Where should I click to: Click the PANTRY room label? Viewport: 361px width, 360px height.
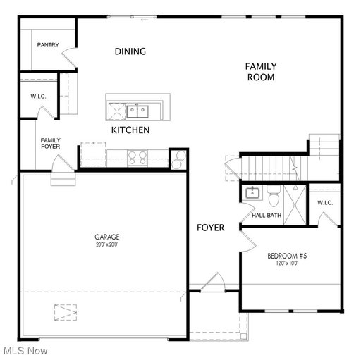48,44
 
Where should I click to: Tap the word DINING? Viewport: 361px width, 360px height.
130,51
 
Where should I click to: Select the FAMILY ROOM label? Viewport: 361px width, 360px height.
261,72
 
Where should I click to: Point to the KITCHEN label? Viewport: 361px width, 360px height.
130,130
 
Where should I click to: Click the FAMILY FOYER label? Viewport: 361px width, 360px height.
50,143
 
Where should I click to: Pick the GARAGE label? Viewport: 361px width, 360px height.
107,237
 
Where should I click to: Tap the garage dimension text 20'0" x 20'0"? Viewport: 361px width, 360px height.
107,244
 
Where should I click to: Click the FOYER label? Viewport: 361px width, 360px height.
211,228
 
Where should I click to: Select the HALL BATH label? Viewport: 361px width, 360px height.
267,216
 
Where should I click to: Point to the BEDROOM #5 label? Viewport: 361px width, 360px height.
287,256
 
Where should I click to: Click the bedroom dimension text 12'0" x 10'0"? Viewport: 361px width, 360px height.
287,263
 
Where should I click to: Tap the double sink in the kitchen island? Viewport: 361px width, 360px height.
137,111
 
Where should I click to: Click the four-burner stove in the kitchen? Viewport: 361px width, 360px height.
137,158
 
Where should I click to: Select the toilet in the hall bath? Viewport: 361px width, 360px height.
274,196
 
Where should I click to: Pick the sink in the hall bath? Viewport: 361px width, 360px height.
252,193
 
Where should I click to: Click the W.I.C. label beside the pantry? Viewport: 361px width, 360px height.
38,97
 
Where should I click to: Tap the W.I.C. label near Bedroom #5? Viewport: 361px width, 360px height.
325,203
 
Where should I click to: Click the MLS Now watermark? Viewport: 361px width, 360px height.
25,351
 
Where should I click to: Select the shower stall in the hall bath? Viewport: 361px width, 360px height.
295,205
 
